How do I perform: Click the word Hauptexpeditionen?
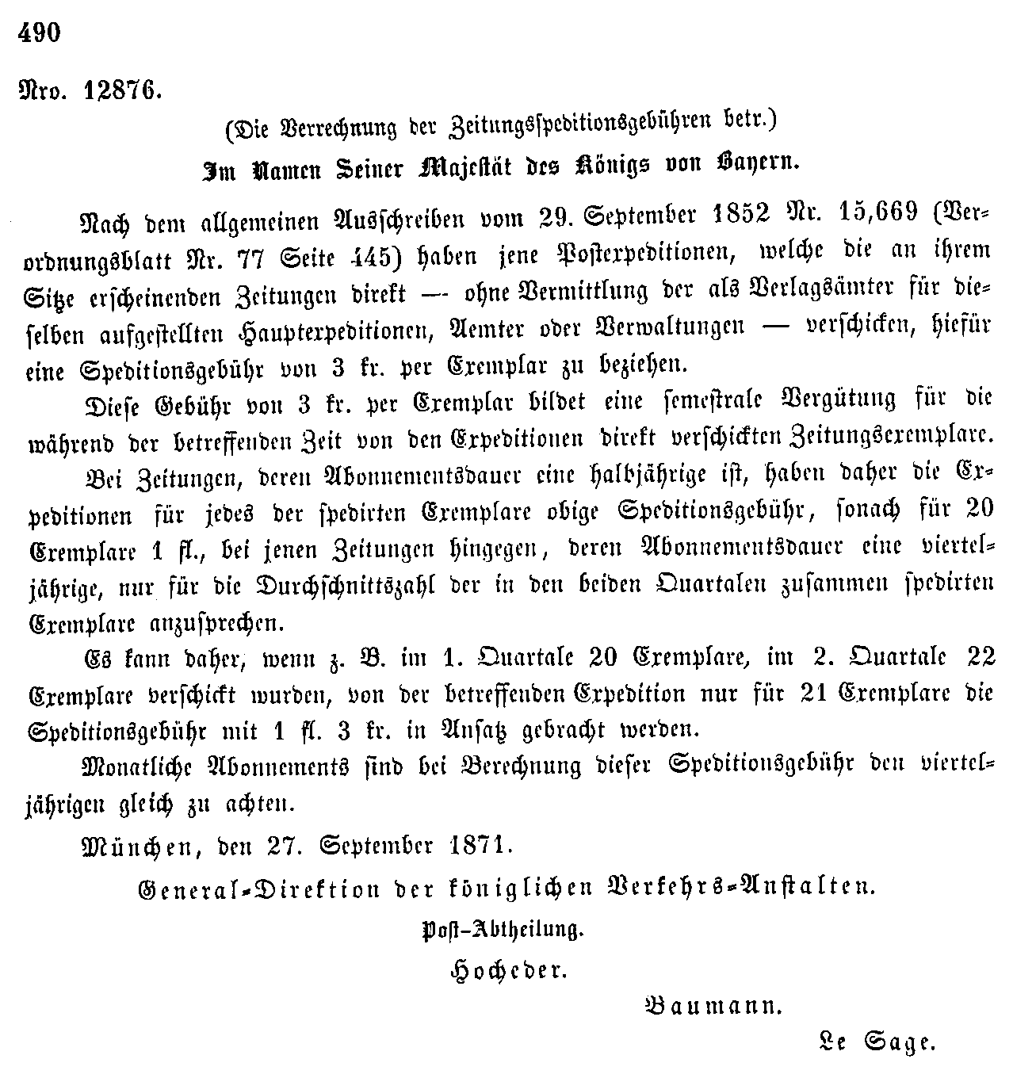tap(303, 326)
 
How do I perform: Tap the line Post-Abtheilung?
tap(503, 929)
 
